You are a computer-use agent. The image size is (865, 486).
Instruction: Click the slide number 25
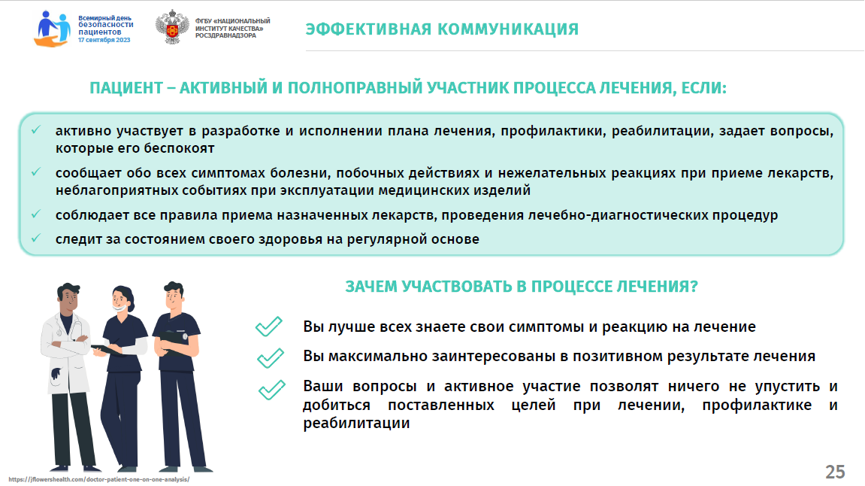pyautogui.click(x=835, y=472)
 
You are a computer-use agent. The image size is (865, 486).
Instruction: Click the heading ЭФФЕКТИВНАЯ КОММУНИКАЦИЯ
pyautogui.click(x=442, y=29)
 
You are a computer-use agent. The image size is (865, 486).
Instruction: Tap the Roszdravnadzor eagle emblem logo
pyautogui.click(x=172, y=26)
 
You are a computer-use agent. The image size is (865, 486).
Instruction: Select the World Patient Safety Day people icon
pyautogui.click(x=53, y=29)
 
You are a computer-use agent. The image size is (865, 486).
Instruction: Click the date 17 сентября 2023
pyautogui.click(x=104, y=41)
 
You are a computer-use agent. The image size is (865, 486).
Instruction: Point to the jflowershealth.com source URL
pyautogui.click(x=98, y=479)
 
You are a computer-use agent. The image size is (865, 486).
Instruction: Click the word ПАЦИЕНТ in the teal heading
pyautogui.click(x=126, y=88)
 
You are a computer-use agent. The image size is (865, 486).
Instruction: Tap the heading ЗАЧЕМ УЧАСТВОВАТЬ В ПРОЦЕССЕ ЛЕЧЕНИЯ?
pyautogui.click(x=522, y=287)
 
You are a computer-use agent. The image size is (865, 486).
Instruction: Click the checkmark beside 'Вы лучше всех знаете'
pyautogui.click(x=268, y=327)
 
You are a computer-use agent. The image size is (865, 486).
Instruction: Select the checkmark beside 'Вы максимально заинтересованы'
pyautogui.click(x=271, y=358)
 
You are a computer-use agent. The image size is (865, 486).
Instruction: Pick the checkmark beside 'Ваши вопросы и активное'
pyautogui.click(x=272, y=390)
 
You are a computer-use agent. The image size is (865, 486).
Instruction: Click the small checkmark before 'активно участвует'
pyautogui.click(x=36, y=130)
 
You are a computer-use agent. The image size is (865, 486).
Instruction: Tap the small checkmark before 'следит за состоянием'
pyautogui.click(x=36, y=238)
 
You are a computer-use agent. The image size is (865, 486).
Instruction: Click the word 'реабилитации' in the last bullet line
pyautogui.click(x=356, y=424)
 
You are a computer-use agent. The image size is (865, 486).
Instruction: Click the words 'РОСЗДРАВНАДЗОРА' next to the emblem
pyautogui.click(x=225, y=36)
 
